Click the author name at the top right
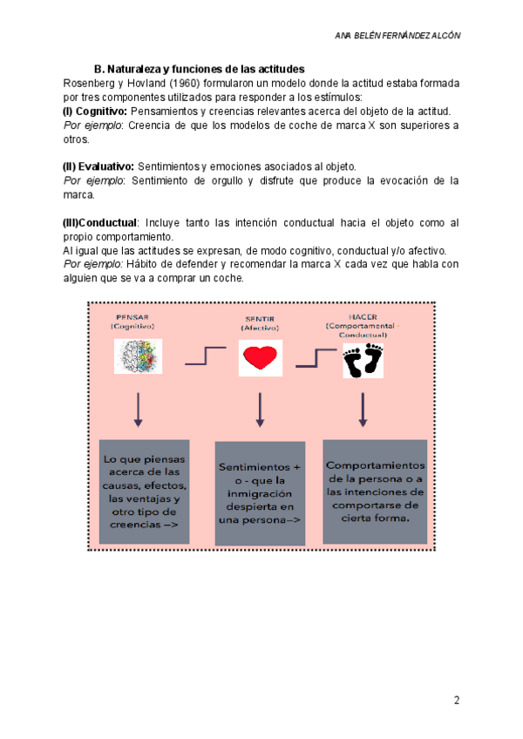pyautogui.click(x=397, y=36)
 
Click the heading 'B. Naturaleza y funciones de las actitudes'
pyautogui.click(x=199, y=70)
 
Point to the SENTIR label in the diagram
pyautogui.click(x=259, y=320)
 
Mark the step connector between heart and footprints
pyautogui.click(x=313, y=356)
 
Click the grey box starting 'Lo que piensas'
pyautogui.click(x=145, y=492)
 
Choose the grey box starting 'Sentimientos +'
pyautogui.click(x=260, y=493)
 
